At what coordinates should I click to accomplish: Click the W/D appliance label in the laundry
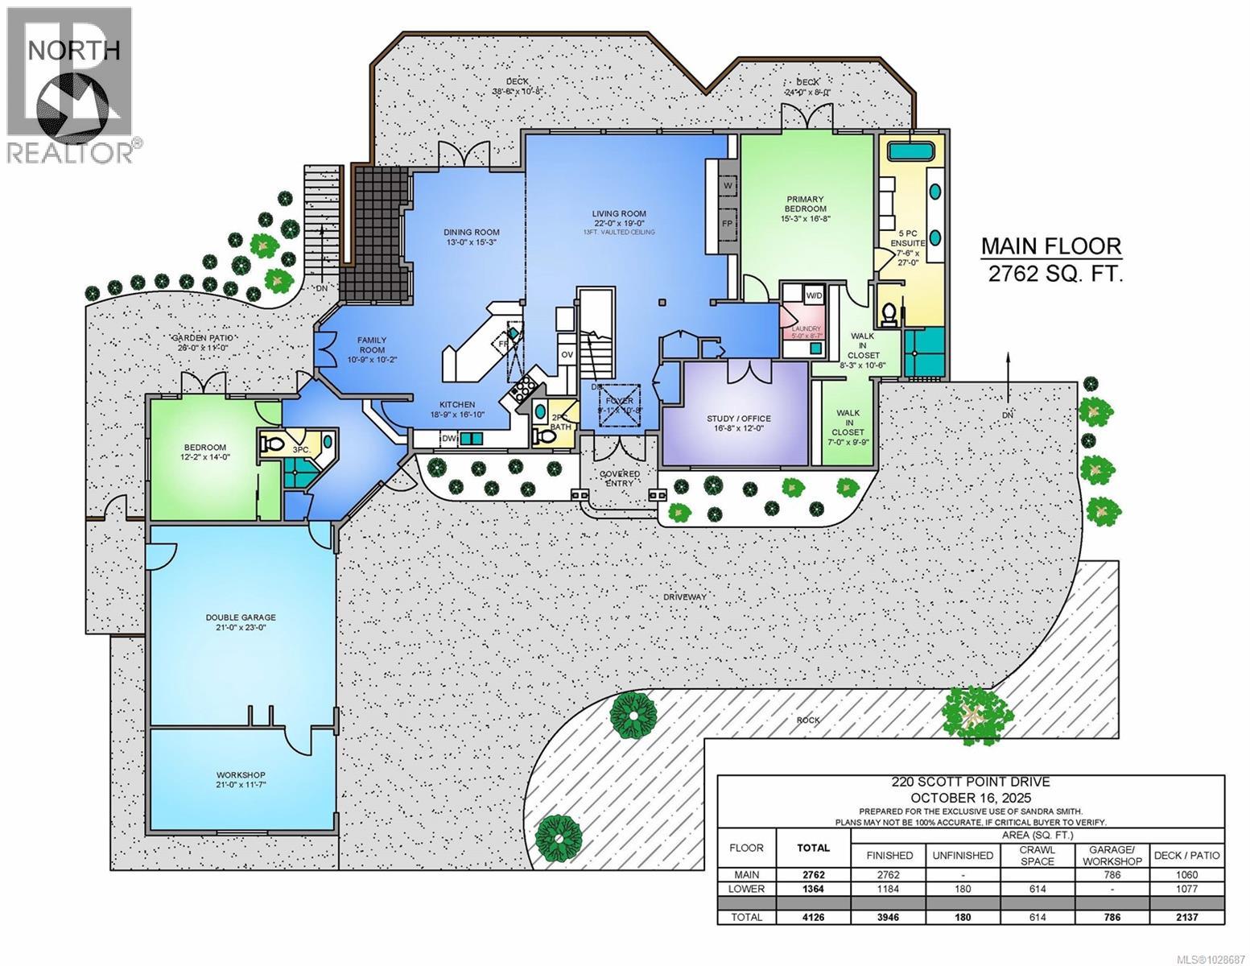point(815,295)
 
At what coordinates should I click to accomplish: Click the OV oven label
point(567,354)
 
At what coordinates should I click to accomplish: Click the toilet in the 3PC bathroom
point(272,442)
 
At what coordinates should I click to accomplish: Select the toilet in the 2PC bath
point(547,436)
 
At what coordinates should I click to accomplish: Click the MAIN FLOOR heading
point(1050,246)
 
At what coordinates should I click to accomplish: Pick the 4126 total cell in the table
point(813,916)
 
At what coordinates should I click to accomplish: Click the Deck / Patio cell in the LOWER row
point(1186,889)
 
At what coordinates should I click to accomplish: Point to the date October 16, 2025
point(970,797)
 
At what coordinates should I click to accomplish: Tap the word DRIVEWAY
point(684,597)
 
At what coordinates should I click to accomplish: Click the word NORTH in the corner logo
point(74,50)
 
